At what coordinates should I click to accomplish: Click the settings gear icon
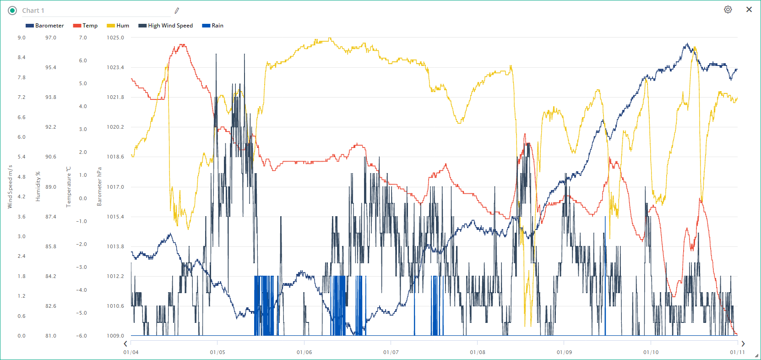[x=728, y=10]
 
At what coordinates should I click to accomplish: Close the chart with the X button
[x=749, y=10]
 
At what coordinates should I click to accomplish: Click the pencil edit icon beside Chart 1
[x=177, y=11]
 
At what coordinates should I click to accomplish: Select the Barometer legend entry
[x=45, y=26]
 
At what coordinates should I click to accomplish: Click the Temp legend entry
[x=86, y=26]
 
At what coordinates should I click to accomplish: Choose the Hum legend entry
[x=118, y=26]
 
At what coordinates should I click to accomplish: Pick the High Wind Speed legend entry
[x=166, y=26]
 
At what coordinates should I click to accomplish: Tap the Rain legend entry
[x=213, y=26]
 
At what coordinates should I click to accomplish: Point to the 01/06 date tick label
[x=304, y=352]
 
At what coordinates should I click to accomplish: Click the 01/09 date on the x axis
[x=564, y=352]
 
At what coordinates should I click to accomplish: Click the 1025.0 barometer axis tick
[x=115, y=38]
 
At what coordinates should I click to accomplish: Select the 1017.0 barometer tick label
[x=115, y=187]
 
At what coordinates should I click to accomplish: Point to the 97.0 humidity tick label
[x=51, y=38]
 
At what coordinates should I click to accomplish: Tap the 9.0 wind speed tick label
[x=22, y=38]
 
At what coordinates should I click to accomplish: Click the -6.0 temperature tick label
[x=82, y=336]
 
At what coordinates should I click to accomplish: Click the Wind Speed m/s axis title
[x=10, y=187]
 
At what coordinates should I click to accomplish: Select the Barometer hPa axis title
[x=99, y=186]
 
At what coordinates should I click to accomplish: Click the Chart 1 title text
[x=33, y=11]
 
